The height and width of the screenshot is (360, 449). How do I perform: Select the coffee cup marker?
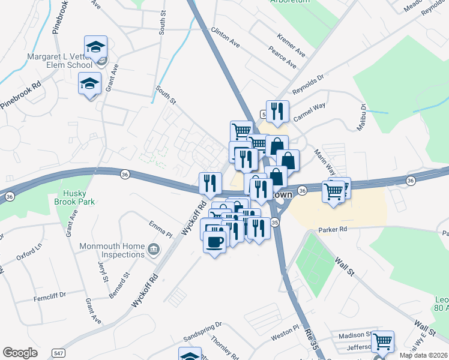(215, 242)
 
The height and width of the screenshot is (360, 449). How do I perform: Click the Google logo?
(20, 353)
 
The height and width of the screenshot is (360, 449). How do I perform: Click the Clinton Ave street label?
(225, 37)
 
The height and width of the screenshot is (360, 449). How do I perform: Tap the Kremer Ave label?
(291, 46)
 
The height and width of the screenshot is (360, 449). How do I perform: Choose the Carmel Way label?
(309, 112)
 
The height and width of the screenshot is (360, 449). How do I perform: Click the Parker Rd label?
(333, 229)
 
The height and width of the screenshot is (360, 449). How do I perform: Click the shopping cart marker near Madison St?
(382, 343)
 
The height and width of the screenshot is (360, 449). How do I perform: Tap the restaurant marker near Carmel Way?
(277, 111)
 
